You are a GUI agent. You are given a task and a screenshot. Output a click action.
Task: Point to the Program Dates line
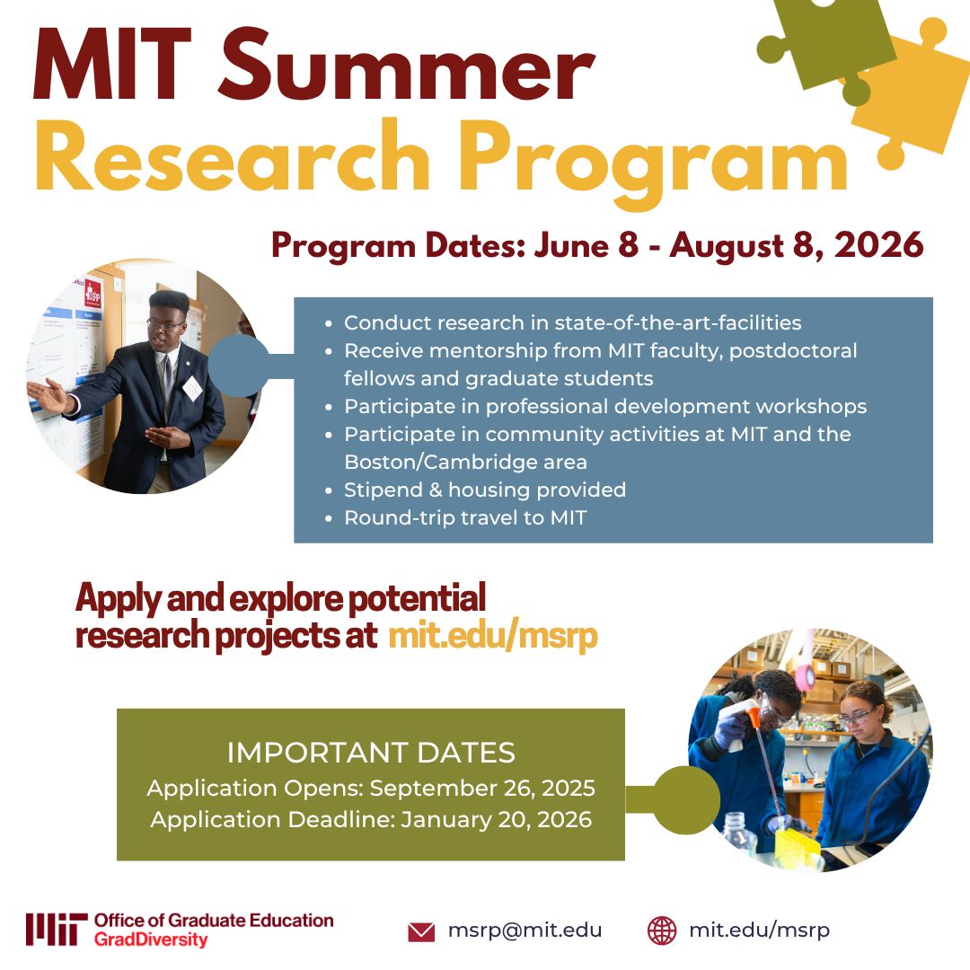(597, 245)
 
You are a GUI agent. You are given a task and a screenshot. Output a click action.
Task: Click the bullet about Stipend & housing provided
(485, 489)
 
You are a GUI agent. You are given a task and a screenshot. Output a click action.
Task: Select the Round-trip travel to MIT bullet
(465, 517)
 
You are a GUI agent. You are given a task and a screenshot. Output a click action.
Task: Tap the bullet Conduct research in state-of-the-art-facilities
(572, 322)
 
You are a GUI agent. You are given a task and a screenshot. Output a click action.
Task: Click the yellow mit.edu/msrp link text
(492, 636)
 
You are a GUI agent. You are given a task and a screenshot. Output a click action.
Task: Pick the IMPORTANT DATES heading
(371, 752)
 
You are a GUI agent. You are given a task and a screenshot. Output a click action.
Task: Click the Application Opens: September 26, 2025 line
(371, 788)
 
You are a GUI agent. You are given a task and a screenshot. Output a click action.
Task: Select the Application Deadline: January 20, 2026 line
(371, 819)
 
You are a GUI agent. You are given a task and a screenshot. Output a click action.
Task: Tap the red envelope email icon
(421, 931)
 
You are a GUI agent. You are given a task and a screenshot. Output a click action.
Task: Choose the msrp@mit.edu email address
(525, 930)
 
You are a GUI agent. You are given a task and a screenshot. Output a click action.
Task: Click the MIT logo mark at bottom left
(56, 930)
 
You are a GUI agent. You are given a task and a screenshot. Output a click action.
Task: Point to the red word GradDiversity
(150, 940)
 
